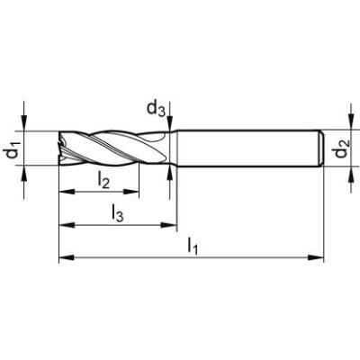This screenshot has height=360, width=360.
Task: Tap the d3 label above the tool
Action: (154, 111)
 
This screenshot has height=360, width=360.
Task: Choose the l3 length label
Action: (117, 214)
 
